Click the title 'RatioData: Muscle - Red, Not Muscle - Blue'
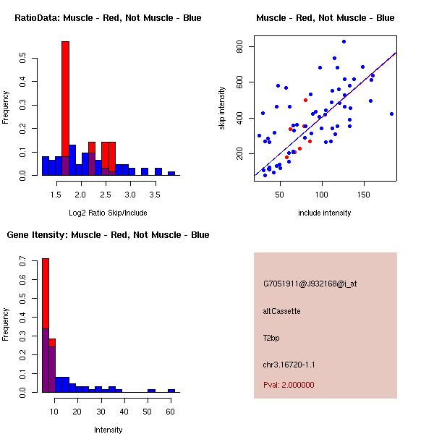pyautogui.click(x=109, y=18)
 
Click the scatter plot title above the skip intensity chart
pyautogui.click(x=325, y=18)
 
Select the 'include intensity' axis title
pyautogui.click(x=325, y=213)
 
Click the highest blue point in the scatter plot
pyautogui.click(x=344, y=42)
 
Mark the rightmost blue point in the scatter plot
pyautogui.click(x=391, y=114)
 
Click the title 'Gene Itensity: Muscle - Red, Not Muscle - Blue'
pyautogui.click(x=109, y=235)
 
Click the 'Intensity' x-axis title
pyautogui.click(x=109, y=430)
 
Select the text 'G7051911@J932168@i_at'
pyautogui.click(x=310, y=284)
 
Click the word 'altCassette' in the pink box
pyautogui.click(x=281, y=311)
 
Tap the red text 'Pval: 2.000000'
pyautogui.click(x=289, y=385)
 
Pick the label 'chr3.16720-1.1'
pyautogui.click(x=289, y=365)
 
